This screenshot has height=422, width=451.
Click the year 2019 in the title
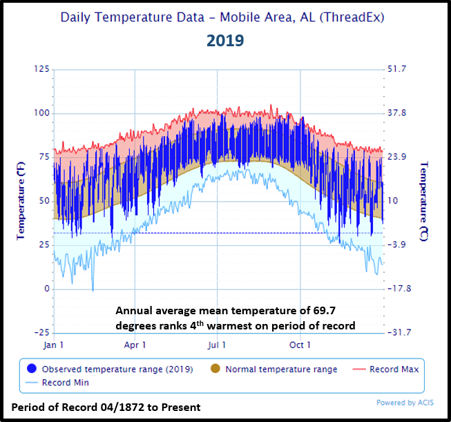225,41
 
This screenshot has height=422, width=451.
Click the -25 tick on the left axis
41,333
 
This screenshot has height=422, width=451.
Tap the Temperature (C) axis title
424,200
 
